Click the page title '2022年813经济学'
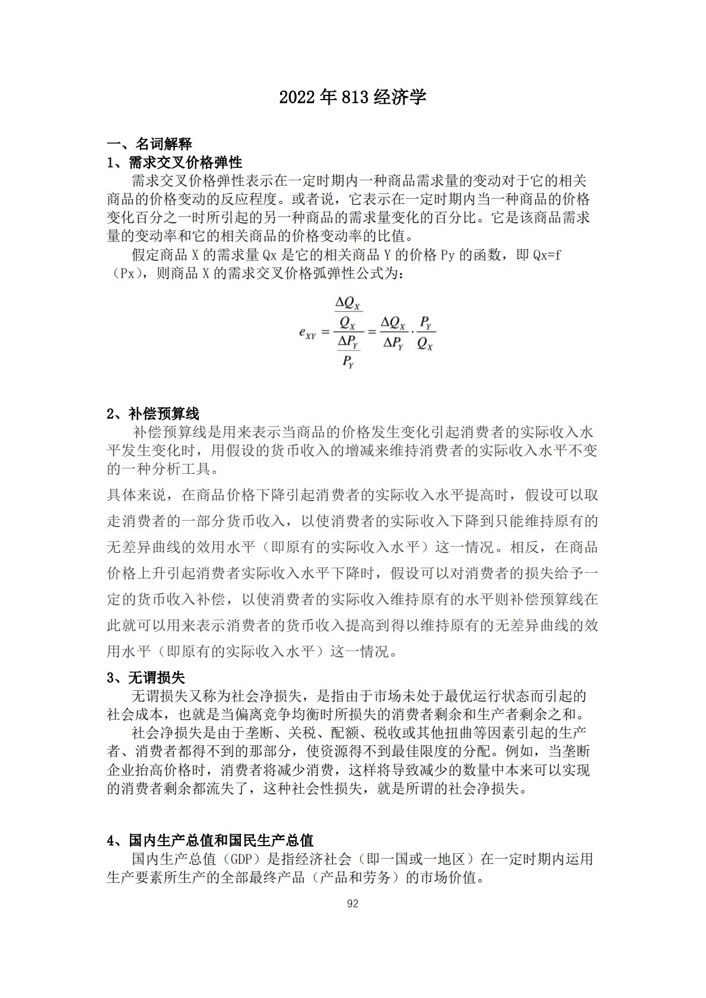352,97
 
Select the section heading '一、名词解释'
150,144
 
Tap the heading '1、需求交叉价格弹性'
174,162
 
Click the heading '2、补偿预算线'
153,414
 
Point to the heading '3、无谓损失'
146,677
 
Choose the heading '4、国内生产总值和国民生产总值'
210,840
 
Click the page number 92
352,904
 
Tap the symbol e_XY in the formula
307,333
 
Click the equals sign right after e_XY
325,332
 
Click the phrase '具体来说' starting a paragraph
136,495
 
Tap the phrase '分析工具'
182,469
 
